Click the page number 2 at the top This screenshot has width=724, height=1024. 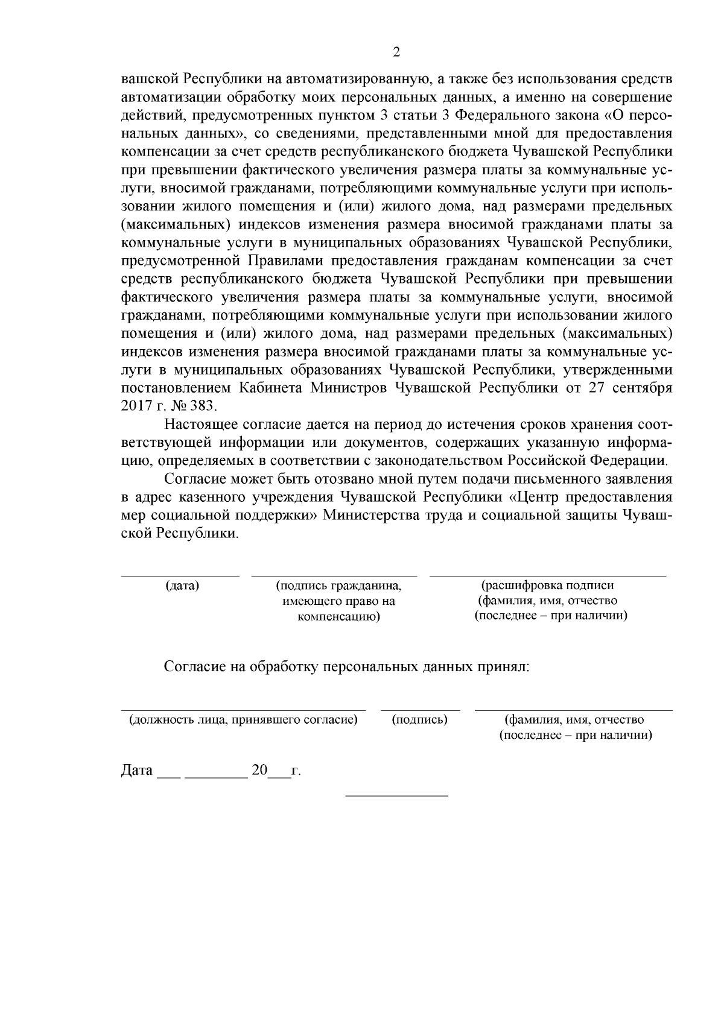point(396,52)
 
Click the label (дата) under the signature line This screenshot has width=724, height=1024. point(182,586)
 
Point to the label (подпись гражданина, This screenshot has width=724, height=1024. point(338,586)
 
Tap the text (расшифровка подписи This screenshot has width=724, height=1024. point(547,586)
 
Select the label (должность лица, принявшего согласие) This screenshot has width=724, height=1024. point(243,720)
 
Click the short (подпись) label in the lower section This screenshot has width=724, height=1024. point(419,720)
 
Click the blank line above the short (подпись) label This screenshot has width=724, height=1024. point(421,710)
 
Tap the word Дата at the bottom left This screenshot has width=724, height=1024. point(137,771)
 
